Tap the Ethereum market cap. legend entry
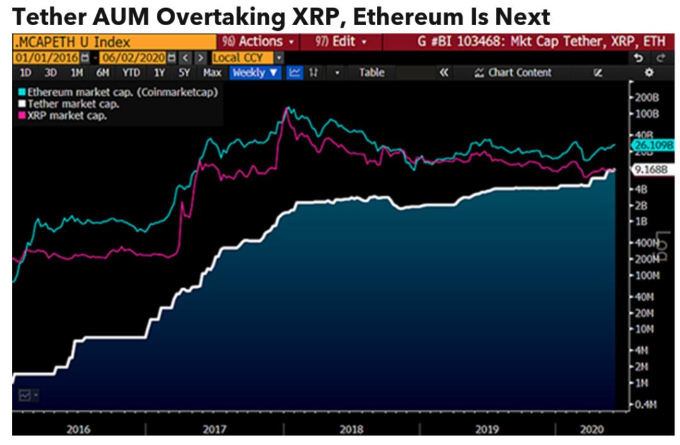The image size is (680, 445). point(122,92)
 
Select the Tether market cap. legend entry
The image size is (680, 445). point(73,104)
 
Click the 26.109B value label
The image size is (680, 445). point(651,145)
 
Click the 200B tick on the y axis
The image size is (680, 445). point(647,99)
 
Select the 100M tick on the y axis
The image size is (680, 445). point(647,276)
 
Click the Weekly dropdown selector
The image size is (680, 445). point(255,72)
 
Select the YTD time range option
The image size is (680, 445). point(131,72)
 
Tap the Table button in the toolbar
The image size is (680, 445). point(371,72)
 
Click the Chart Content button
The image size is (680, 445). point(513,72)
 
